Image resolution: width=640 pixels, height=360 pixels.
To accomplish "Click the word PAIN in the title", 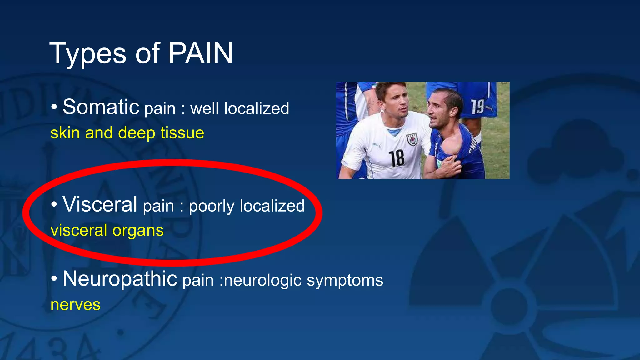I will point(201,53).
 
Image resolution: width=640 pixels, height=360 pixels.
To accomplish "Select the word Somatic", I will point(101,107).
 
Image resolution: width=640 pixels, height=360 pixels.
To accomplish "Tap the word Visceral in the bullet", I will point(100,204).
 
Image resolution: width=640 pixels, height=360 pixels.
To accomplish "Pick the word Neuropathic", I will point(120,279).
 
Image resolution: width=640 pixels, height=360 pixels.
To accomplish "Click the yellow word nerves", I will point(76,305).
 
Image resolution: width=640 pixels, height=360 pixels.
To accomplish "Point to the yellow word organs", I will point(138,231).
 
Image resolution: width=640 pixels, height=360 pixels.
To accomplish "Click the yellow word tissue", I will point(182,133).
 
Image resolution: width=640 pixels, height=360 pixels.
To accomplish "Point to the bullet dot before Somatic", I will point(54,107).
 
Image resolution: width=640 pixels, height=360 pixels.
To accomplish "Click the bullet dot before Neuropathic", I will point(54,279).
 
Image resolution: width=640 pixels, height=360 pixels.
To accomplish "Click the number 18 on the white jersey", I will point(396,158).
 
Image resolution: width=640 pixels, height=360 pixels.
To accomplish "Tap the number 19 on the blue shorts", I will point(477,107).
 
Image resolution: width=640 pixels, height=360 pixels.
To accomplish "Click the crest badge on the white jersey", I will point(412,139).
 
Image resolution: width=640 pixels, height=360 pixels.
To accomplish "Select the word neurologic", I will point(262,281).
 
